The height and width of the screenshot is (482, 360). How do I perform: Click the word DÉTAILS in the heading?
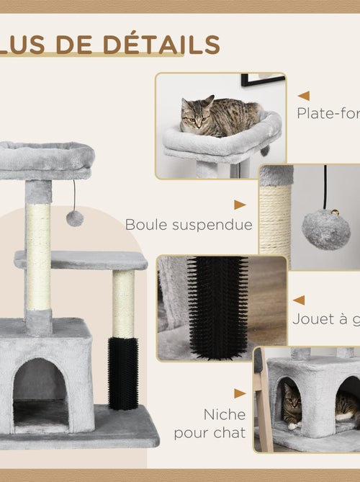161,44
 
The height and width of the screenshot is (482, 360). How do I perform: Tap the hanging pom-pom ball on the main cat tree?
75,218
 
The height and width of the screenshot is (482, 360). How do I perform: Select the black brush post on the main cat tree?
122,372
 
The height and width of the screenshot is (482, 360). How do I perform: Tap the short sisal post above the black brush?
123,303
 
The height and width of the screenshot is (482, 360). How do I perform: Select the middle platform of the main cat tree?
81,259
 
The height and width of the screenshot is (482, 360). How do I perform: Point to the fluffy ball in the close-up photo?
325,229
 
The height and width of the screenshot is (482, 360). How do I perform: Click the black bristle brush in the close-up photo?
217,305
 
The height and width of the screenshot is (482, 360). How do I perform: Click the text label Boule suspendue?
189,225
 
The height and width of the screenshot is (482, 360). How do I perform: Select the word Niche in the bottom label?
224,415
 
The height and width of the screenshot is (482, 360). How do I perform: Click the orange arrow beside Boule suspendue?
240,205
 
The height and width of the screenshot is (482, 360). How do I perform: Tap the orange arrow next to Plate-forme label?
304,95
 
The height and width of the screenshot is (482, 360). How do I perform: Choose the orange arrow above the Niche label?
240,393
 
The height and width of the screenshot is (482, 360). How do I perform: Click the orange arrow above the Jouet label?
299,300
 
